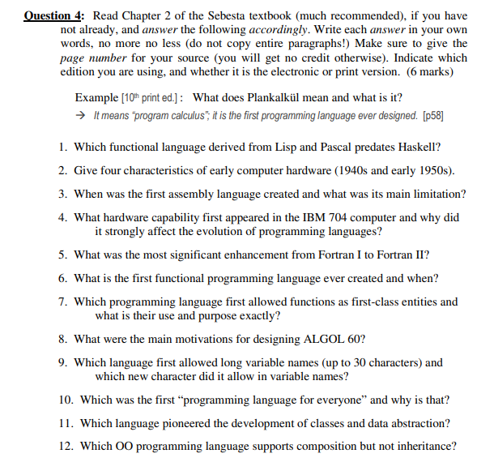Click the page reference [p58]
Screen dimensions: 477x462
coord(433,116)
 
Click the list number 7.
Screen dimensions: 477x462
coord(62,302)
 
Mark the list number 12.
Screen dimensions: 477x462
coord(65,446)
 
